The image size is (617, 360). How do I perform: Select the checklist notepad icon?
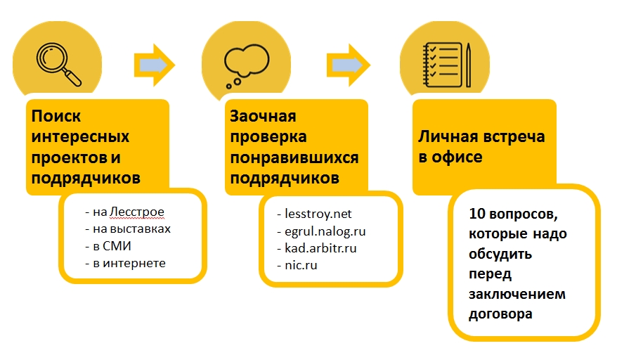439,63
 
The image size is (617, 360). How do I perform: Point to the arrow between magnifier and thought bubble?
154,65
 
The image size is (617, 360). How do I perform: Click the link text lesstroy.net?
318,213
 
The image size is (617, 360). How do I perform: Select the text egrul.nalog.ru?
325,231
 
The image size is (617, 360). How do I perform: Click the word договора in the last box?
501,314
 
